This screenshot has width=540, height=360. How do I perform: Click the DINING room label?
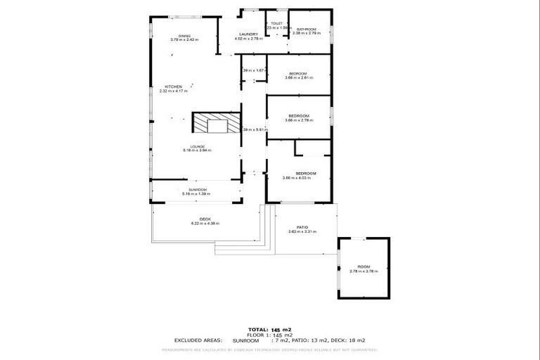(x=184, y=35)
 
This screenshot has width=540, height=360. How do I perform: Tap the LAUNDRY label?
(x=248, y=34)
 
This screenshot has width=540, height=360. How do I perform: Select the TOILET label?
(x=276, y=23)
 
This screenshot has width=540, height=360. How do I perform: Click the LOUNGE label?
(x=197, y=146)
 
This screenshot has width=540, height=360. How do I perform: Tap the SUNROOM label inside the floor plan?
(x=197, y=189)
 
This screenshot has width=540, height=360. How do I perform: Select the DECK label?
(x=205, y=219)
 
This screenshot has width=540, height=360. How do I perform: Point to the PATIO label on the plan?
(x=302, y=227)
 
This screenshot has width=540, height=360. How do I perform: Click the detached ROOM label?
(x=364, y=266)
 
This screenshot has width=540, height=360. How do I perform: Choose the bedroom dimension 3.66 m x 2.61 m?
(x=299, y=78)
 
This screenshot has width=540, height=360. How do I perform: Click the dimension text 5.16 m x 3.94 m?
(x=197, y=150)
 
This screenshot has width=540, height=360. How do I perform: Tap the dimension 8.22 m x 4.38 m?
(x=205, y=224)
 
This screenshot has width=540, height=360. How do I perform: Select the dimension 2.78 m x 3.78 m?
(x=364, y=271)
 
